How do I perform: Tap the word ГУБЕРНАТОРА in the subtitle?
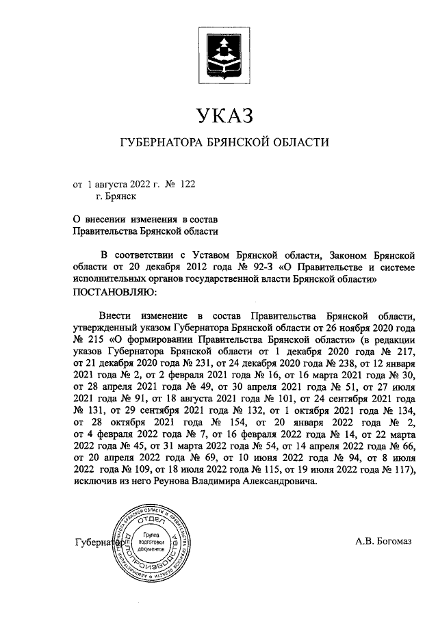159,143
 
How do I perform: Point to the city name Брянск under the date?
116,196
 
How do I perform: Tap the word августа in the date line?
107,184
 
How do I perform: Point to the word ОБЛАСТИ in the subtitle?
298,143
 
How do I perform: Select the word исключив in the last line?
94,482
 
